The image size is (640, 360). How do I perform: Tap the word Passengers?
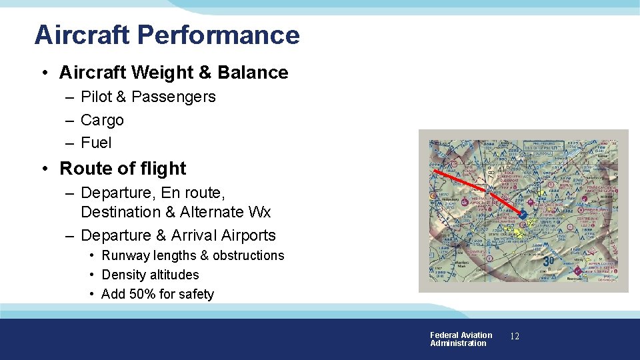click(x=173, y=97)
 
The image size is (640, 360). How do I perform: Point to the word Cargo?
click(x=102, y=120)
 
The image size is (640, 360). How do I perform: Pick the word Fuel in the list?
click(x=96, y=143)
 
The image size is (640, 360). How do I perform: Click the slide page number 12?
click(x=514, y=337)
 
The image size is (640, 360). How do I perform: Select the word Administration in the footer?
click(x=458, y=343)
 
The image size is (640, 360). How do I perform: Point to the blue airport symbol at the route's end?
click(x=524, y=215)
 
